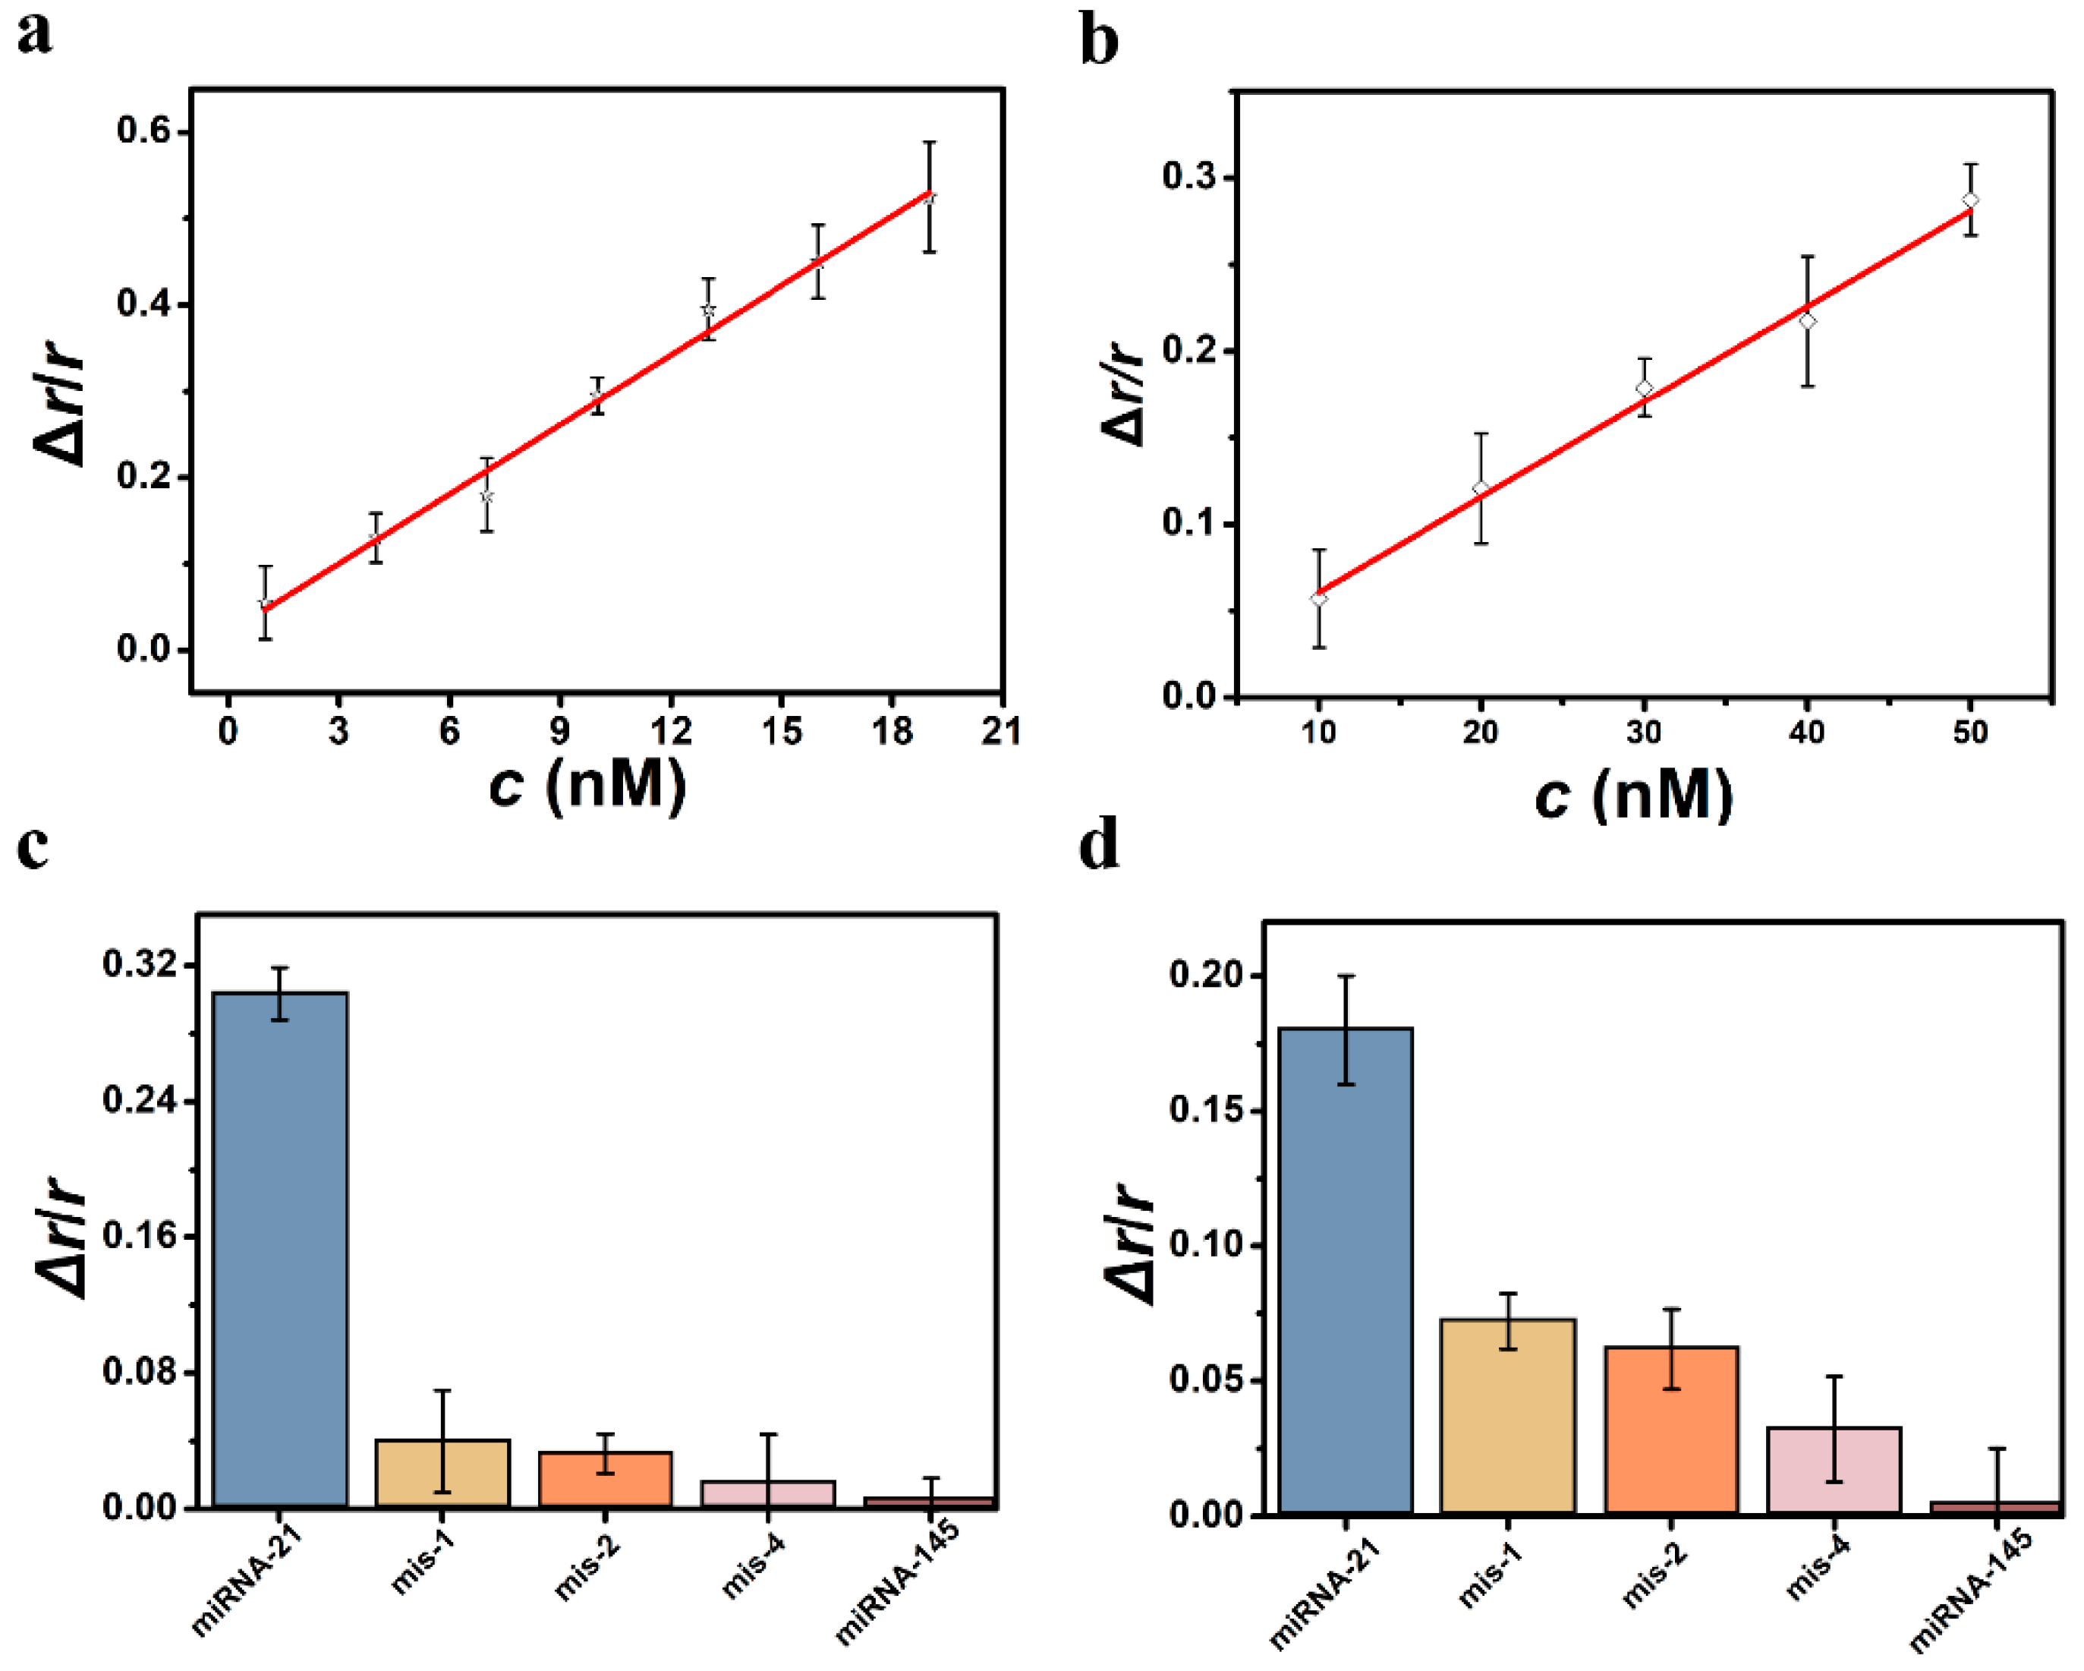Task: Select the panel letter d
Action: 1099,843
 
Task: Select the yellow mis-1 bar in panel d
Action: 1508,1416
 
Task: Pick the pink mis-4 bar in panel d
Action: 1834,1469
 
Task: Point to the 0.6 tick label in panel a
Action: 144,131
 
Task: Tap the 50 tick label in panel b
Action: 1970,732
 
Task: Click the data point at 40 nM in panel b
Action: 1806,320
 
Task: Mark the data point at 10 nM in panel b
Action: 1318,598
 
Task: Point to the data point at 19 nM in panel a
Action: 929,198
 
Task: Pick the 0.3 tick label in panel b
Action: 1189,177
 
